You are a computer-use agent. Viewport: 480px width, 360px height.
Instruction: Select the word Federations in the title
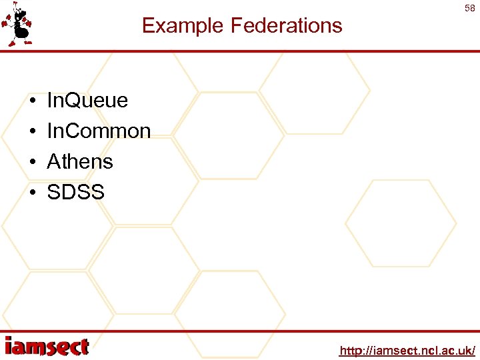[286, 26]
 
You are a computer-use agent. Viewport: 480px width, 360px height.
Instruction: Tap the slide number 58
[469, 7]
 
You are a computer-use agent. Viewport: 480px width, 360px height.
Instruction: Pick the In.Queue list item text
[87, 101]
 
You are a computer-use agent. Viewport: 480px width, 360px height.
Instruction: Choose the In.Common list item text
[99, 131]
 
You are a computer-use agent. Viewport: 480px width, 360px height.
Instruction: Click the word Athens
[80, 162]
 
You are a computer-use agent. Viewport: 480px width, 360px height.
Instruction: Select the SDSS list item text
[75, 193]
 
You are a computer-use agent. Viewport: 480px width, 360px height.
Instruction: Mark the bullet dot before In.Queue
[32, 101]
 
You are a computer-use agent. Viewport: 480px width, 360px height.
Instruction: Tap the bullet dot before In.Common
[32, 132]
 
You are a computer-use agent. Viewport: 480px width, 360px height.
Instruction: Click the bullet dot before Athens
[32, 163]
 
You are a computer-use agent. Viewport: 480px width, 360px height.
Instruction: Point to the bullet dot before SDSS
[32, 193]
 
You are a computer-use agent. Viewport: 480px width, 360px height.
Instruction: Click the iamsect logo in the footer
[46, 347]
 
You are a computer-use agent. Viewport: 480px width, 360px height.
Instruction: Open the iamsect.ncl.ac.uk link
[407, 350]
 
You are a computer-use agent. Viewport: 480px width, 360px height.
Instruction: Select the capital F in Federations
[237, 26]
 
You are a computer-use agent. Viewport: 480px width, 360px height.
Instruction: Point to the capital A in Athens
[54, 162]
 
